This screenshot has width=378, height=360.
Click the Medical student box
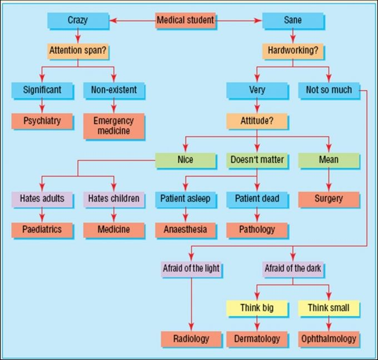185,21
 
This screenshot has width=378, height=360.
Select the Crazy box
77,21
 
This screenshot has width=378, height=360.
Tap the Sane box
292,21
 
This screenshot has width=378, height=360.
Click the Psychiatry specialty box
42,121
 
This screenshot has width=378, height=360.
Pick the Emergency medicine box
113,126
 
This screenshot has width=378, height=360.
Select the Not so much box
329,89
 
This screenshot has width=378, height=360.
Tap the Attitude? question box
257,121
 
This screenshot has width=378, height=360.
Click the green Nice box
185,160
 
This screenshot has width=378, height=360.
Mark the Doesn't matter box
257,160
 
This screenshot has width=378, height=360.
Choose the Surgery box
329,198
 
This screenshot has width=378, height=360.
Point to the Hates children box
113,198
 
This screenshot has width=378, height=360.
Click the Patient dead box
257,198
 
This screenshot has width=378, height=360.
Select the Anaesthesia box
185,229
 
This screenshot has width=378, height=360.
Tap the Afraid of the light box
191,269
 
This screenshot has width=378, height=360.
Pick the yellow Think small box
329,307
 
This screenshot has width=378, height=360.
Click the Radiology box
191,338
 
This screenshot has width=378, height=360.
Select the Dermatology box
257,338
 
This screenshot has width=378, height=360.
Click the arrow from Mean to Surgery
329,179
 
